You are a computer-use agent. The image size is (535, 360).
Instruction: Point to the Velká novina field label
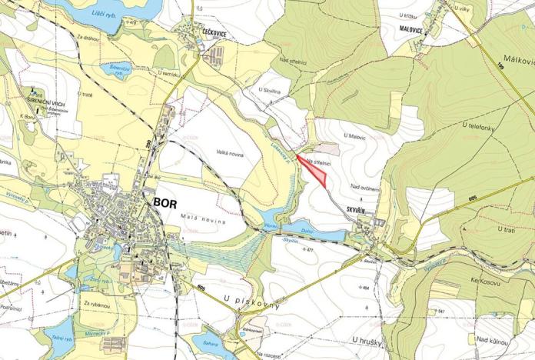(x=230, y=154)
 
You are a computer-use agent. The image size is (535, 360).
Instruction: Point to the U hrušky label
(x=368, y=339)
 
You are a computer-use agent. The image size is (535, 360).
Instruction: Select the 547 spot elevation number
(x=441, y=312)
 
